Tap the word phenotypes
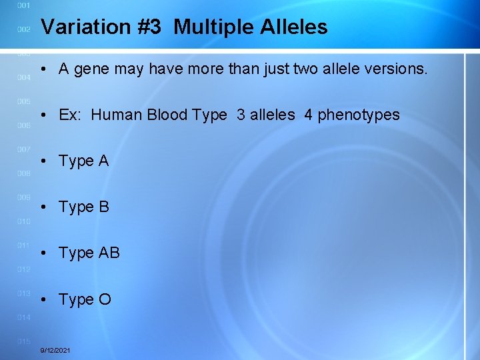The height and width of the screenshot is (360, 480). (x=359, y=115)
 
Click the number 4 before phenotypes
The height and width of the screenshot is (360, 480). (x=308, y=115)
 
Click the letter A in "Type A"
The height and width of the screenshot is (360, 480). (x=103, y=161)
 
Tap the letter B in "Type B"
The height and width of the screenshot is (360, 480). (x=103, y=207)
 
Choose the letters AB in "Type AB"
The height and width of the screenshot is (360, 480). (x=109, y=253)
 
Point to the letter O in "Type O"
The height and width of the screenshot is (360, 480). (x=105, y=299)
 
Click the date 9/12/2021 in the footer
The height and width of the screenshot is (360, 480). (x=56, y=350)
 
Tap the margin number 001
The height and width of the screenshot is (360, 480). (x=23, y=5)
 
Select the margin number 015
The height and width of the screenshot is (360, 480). (x=23, y=341)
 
